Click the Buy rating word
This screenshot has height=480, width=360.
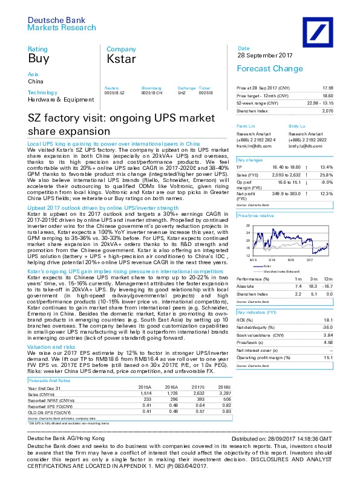click(x=39, y=59)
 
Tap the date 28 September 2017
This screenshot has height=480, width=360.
click(x=263, y=56)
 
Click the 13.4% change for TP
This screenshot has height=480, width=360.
click(x=342, y=166)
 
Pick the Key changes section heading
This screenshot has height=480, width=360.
click(x=249, y=160)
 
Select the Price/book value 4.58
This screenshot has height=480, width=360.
click(x=344, y=342)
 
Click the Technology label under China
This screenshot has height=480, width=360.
click(x=41, y=92)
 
